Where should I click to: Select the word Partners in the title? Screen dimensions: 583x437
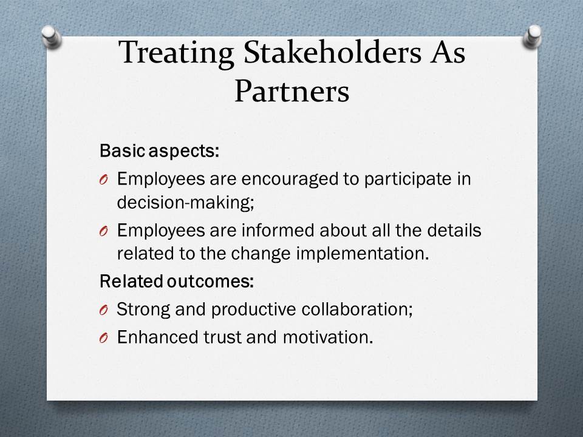point(292,91)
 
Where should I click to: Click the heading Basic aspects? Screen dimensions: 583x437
point(160,151)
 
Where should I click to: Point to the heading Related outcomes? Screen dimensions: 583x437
point(177,281)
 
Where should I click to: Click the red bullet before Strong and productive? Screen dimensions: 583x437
point(104,310)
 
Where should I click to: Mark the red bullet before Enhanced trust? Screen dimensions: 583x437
point(104,338)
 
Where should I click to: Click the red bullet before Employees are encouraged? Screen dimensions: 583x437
point(104,180)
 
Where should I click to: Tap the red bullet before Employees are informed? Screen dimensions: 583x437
point(104,231)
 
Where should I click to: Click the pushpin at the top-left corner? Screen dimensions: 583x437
point(51,36)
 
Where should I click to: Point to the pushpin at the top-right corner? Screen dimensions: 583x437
point(533,36)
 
